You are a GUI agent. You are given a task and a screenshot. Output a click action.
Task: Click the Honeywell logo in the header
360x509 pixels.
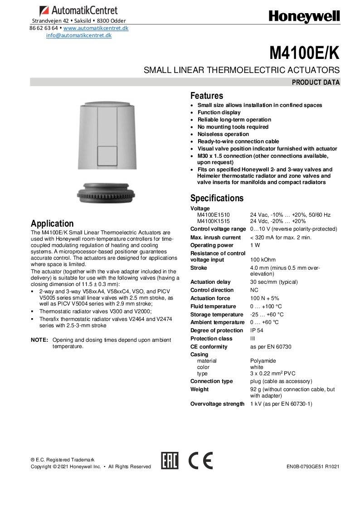(x=304, y=17)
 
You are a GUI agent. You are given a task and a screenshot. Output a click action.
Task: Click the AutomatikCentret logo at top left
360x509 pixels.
(x=78, y=10)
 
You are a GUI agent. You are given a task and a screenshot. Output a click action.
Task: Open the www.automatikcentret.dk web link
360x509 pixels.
(x=96, y=28)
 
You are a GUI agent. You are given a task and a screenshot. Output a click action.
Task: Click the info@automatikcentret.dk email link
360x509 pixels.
(x=79, y=35)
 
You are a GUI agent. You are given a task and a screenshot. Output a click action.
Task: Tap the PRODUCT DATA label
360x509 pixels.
(x=316, y=82)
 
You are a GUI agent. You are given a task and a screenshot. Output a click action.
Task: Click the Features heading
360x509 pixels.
(x=206, y=96)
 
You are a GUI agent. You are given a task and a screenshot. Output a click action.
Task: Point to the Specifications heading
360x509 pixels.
(x=217, y=198)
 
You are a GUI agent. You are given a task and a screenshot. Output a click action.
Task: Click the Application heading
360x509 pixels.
(x=52, y=223)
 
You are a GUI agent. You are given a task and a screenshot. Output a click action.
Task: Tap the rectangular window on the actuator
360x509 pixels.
(x=107, y=155)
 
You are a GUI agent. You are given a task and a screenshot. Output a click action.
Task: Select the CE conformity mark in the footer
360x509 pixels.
(x=200, y=461)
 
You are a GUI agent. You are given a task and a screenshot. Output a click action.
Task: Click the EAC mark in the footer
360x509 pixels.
(x=170, y=461)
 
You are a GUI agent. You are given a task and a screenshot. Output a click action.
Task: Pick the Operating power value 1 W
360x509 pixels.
(x=255, y=245)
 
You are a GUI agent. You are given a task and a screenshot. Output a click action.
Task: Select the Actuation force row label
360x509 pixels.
(x=210, y=298)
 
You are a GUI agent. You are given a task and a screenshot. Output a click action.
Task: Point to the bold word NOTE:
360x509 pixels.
(x=39, y=340)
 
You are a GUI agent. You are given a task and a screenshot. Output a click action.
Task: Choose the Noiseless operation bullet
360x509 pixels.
(x=223, y=134)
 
